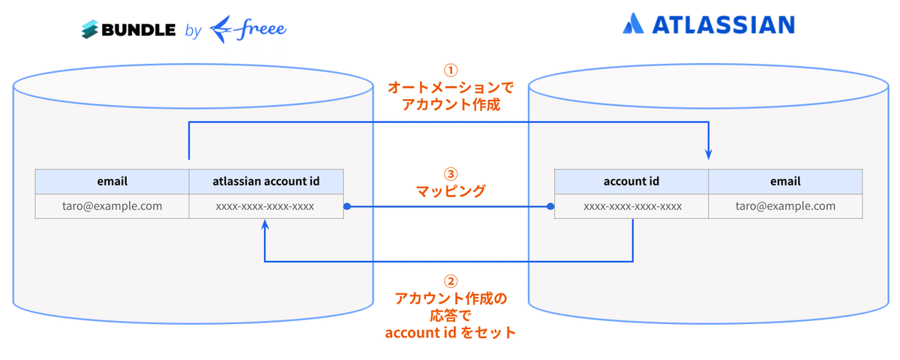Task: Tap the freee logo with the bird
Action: tap(248, 30)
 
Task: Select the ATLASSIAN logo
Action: tap(708, 25)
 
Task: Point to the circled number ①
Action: tap(450, 70)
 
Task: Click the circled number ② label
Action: tap(450, 281)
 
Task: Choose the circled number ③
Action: tap(450, 172)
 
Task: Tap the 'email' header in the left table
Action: tap(112, 181)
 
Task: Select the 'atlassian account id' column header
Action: tap(265, 181)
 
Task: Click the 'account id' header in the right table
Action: tap(631, 181)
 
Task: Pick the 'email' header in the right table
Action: tap(785, 181)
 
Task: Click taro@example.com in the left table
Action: tap(112, 206)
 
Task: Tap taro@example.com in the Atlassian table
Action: tap(785, 206)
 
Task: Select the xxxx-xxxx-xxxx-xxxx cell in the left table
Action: tap(265, 206)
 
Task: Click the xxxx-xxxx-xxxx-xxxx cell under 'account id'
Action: tap(631, 206)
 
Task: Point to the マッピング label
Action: tap(450, 191)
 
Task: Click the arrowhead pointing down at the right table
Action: tap(709, 154)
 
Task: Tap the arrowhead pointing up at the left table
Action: tap(265, 225)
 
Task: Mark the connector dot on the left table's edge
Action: tap(346, 206)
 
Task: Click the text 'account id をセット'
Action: tap(450, 332)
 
